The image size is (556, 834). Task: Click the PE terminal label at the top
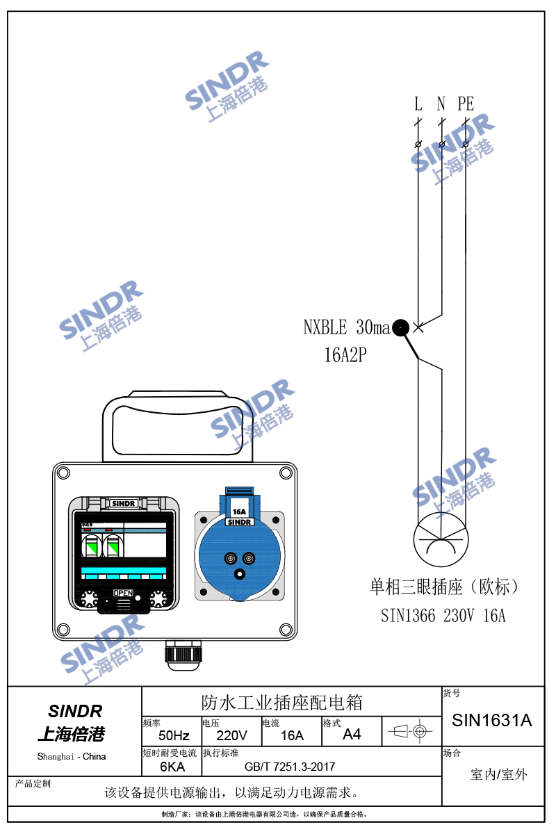tap(466, 104)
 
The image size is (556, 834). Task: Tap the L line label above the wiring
tap(418, 104)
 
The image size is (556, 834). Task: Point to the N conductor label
tap(441, 104)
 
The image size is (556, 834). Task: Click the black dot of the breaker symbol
tap(401, 327)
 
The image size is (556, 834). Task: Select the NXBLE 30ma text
tap(347, 327)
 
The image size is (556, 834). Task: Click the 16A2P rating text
tap(345, 354)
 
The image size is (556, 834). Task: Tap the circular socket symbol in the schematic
tap(441, 539)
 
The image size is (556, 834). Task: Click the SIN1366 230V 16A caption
tap(443, 616)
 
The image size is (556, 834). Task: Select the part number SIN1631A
tap(492, 721)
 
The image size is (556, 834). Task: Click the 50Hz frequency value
tap(174, 735)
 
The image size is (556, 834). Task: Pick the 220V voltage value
tap(231, 735)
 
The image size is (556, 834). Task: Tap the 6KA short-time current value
tap(172, 767)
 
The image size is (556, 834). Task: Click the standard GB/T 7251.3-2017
tap(290, 767)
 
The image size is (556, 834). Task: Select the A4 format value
tap(352, 735)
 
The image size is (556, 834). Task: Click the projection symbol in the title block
tap(410, 732)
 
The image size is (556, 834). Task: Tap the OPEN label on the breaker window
tap(123, 593)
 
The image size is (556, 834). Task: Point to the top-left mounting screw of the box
tap(63, 473)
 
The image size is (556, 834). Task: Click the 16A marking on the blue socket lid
tap(239, 512)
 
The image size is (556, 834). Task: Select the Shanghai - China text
tap(72, 757)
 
